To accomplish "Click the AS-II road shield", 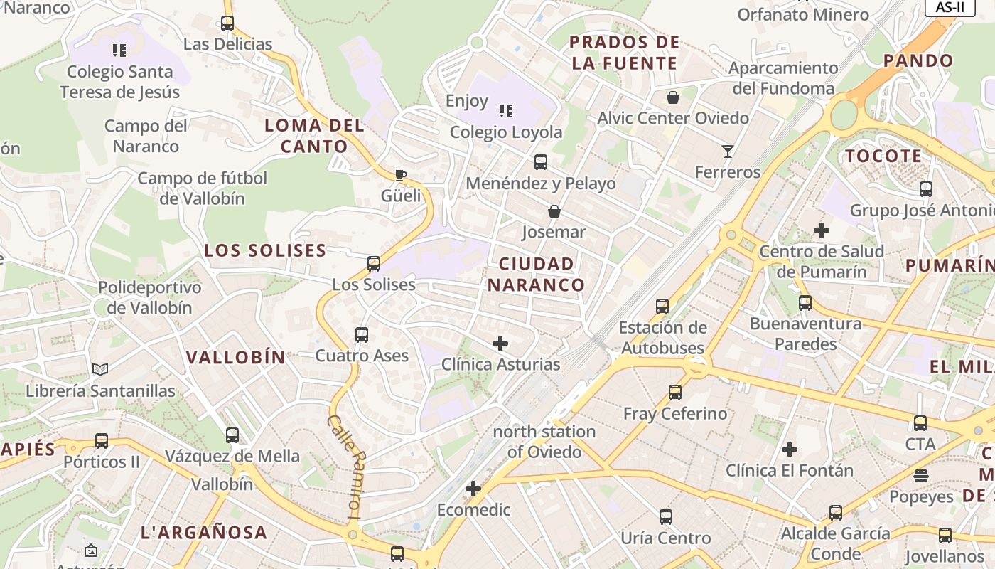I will [x=950, y=7].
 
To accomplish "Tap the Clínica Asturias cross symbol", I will [x=500, y=344].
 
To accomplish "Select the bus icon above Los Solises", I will [x=374, y=264].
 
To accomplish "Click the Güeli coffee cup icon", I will [x=401, y=175].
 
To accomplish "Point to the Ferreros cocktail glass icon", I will [x=728, y=151].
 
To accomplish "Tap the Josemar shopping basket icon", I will [x=554, y=211].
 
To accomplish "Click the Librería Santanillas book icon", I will [x=100, y=370].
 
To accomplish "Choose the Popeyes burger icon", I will [x=921, y=475].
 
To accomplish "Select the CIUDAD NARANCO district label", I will [x=537, y=275].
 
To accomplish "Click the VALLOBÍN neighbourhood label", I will [x=235, y=357].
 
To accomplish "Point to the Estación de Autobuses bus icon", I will [x=662, y=307].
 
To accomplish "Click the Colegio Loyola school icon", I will [x=506, y=110].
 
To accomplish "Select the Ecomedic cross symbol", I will [x=473, y=489].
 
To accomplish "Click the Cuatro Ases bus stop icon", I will [x=362, y=334].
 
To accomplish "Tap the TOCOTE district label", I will [x=883, y=156].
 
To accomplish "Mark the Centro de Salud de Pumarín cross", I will [x=822, y=230].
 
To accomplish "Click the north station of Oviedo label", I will [x=544, y=442].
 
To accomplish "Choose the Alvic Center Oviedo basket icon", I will [x=673, y=97].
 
